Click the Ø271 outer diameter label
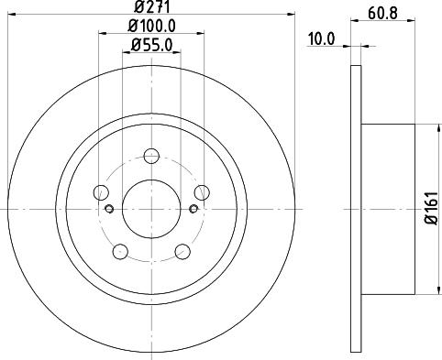151,6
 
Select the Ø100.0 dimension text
151,26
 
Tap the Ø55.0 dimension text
151,45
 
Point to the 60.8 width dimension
382,13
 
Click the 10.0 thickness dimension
321,39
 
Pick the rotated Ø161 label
432,209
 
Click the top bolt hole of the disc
151,156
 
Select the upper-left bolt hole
101,192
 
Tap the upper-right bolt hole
202,192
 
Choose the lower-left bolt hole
120,251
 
